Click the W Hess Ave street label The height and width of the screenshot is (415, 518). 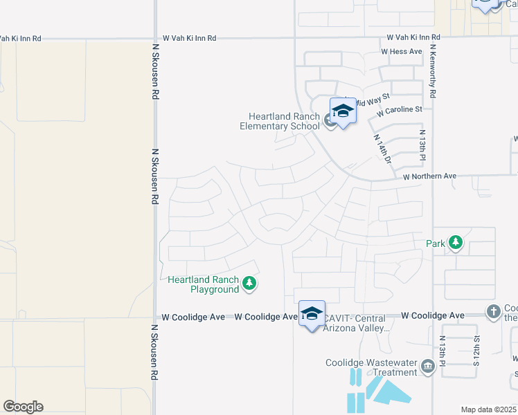coord(401,52)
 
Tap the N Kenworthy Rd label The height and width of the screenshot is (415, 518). coord(433,71)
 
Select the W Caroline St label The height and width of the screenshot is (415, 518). coord(399,110)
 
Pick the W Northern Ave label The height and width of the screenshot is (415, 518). coord(430,176)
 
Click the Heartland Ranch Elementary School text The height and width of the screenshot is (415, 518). coord(279,121)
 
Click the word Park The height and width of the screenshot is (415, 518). coord(435,243)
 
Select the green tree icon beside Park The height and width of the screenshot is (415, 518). coord(456,242)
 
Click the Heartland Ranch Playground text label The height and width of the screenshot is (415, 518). coord(204,284)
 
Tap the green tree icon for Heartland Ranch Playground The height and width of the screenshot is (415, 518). coord(249,282)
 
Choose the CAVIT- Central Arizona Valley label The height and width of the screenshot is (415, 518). coord(357,323)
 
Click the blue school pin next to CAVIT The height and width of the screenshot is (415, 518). coord(312,313)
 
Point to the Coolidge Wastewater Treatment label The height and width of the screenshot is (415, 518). coord(373,367)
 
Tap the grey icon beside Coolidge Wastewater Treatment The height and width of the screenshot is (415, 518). coord(427,366)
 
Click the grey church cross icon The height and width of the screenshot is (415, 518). coord(493,311)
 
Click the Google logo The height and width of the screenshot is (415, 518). coord(23,407)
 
